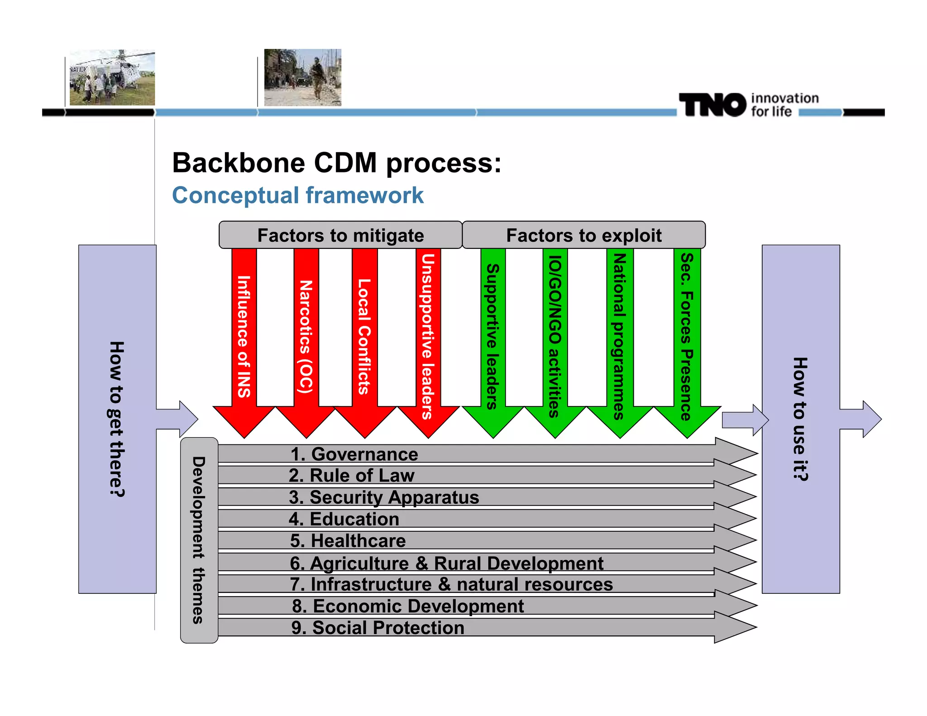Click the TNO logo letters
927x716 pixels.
point(712,105)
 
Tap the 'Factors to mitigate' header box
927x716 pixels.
point(340,235)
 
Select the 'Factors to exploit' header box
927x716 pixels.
point(583,235)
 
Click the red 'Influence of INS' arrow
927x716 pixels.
point(244,337)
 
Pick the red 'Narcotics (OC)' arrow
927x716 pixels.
point(306,337)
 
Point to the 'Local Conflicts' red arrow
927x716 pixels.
point(364,337)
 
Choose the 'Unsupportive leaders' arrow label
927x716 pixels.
point(428,337)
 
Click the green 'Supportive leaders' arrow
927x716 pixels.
point(492,337)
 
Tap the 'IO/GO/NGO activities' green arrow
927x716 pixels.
point(555,337)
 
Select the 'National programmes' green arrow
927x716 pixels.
point(619,337)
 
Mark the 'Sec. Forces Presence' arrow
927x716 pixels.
point(687,337)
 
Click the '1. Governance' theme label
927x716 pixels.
point(354,454)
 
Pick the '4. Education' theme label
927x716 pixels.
point(344,519)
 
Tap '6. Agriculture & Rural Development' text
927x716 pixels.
point(446,563)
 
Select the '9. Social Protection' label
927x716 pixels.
point(378,628)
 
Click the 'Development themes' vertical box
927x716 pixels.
point(199,540)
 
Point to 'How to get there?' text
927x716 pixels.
point(117,419)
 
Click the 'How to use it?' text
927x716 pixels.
point(800,419)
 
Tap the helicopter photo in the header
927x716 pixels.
point(112,77)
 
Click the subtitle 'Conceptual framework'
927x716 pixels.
point(298,196)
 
